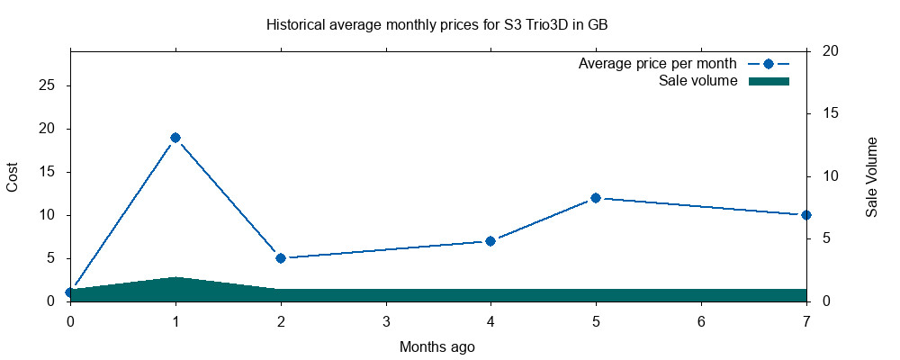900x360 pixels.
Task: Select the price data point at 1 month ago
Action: pyautogui.click(x=175, y=138)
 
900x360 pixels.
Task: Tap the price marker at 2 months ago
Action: pyautogui.click(x=281, y=258)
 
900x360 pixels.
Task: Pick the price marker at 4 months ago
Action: pyautogui.click(x=490, y=241)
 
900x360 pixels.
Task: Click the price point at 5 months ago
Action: pyautogui.click(x=596, y=198)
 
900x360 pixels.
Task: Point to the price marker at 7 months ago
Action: pyautogui.click(x=805, y=215)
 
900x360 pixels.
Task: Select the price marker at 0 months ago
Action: pyautogui.click(x=70, y=292)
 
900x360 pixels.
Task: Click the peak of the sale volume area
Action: pyautogui.click(x=175, y=278)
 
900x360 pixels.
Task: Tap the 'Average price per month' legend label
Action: pyautogui.click(x=658, y=64)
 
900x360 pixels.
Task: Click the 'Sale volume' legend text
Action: pyautogui.click(x=698, y=81)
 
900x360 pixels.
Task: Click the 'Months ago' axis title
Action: pyautogui.click(x=436, y=346)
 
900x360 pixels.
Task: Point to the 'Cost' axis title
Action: pyautogui.click(x=13, y=176)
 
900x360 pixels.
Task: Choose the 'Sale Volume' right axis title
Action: pyautogui.click(x=871, y=176)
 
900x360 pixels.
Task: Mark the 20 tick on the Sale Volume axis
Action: pyautogui.click(x=831, y=51)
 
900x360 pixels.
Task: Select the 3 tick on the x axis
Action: pyautogui.click(x=386, y=321)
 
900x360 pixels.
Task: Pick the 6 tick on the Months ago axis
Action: pyautogui.click(x=701, y=321)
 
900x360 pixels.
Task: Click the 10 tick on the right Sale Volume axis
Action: pyautogui.click(x=831, y=176)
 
